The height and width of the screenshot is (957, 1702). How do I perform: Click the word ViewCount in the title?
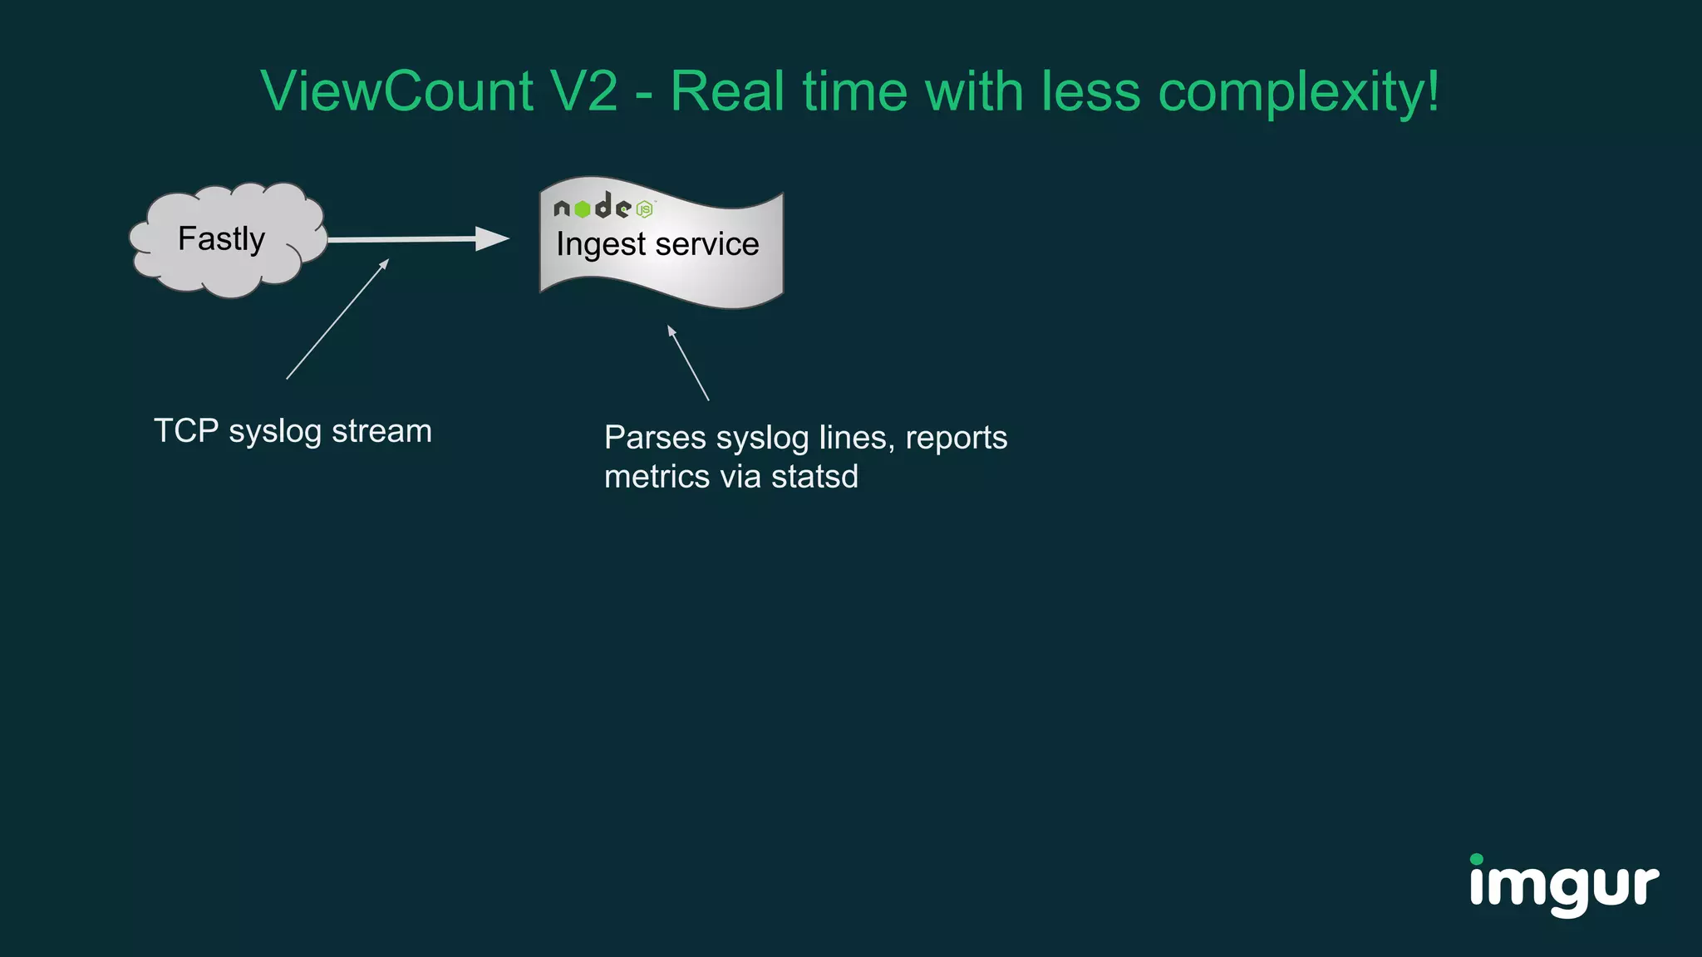[396, 91]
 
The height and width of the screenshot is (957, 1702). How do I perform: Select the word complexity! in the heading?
[1298, 91]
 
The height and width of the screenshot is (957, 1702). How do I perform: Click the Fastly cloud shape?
[226, 240]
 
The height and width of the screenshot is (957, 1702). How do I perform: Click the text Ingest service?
[657, 244]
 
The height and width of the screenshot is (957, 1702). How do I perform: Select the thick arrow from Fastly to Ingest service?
[416, 239]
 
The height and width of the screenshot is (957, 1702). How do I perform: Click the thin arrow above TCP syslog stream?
[337, 320]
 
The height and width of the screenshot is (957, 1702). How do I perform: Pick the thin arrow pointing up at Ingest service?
[688, 363]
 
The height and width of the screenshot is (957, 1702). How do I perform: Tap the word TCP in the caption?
[186, 431]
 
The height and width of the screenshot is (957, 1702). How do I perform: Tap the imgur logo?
[1563, 886]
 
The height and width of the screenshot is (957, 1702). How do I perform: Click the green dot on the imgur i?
[1477, 859]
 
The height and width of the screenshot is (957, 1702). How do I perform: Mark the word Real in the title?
[727, 91]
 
